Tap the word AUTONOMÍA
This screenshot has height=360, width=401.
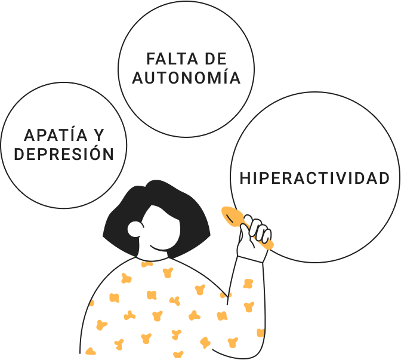(187, 78)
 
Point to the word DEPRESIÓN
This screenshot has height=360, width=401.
(64, 154)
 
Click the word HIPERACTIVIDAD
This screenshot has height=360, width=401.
(314, 178)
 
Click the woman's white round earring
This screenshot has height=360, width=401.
(135, 229)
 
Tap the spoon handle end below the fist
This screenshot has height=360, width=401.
(270, 245)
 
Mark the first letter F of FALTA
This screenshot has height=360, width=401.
(151, 59)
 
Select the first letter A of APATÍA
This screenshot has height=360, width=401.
(28, 136)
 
